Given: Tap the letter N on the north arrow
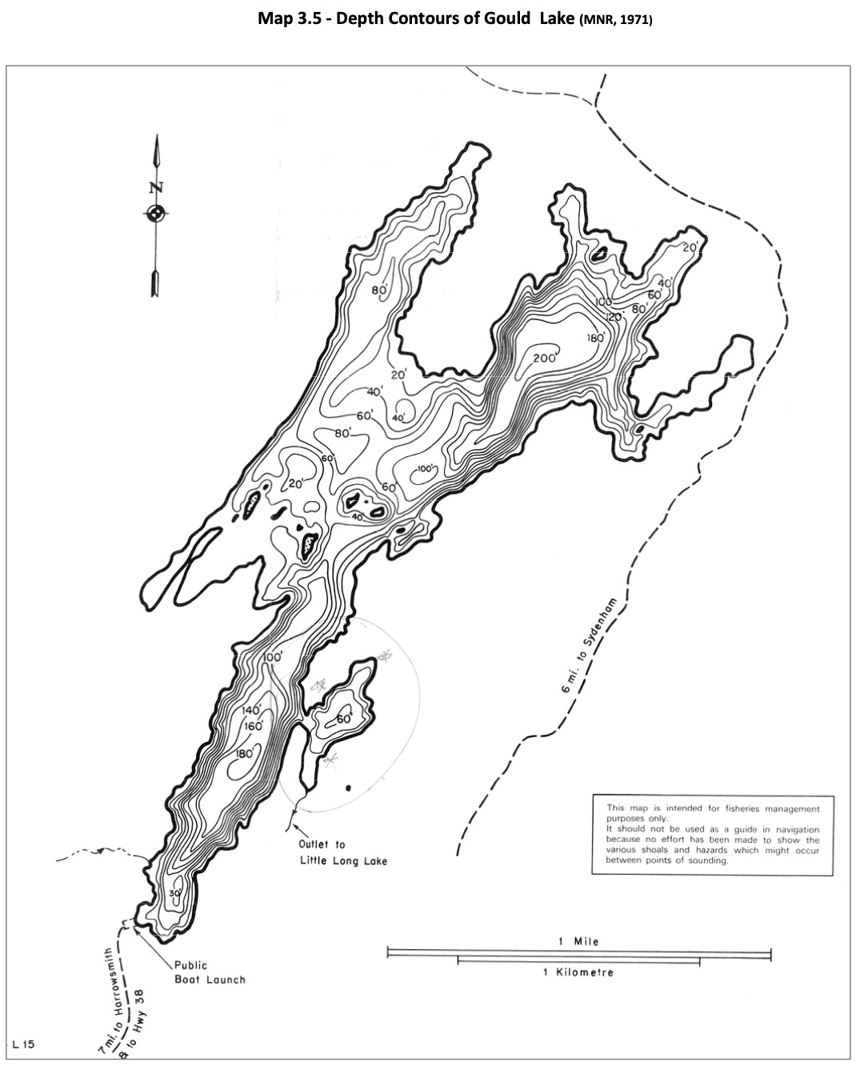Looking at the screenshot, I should coord(155,189).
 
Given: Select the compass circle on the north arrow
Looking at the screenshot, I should coord(155,213).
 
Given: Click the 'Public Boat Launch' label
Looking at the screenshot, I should coord(210,972).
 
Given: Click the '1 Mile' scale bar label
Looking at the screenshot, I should coord(578,941).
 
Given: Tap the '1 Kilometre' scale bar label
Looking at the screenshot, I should coord(578,972).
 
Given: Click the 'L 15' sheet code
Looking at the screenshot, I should coord(23,1044).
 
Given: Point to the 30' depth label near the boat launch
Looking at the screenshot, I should coord(175,893).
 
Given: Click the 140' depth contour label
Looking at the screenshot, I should coord(252,711).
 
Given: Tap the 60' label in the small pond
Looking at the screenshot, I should coord(345,719).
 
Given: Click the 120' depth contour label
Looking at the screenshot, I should coord(614,317).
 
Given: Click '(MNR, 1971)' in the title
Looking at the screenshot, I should coord(616,19).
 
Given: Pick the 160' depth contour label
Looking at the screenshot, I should coord(254,726).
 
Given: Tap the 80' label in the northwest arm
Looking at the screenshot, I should coord(379,290).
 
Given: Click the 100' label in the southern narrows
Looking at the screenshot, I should coord(272,657).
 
